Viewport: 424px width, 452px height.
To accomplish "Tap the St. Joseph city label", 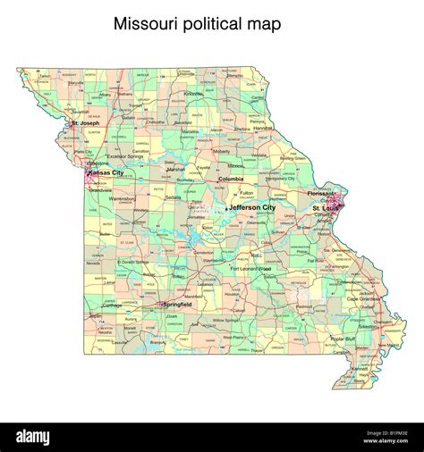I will point(86,122).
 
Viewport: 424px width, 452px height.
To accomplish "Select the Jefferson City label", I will point(251,207).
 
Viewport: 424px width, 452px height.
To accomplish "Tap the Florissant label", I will point(319,192).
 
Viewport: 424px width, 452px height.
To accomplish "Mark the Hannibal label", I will point(262,128).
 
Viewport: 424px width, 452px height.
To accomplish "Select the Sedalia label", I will point(173,197).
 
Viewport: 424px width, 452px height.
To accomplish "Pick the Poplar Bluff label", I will point(343,339).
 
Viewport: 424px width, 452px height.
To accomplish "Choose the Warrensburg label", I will point(124,198).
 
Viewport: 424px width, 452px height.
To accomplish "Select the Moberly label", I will point(221,151).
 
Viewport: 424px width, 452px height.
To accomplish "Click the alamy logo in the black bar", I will point(44,437).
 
